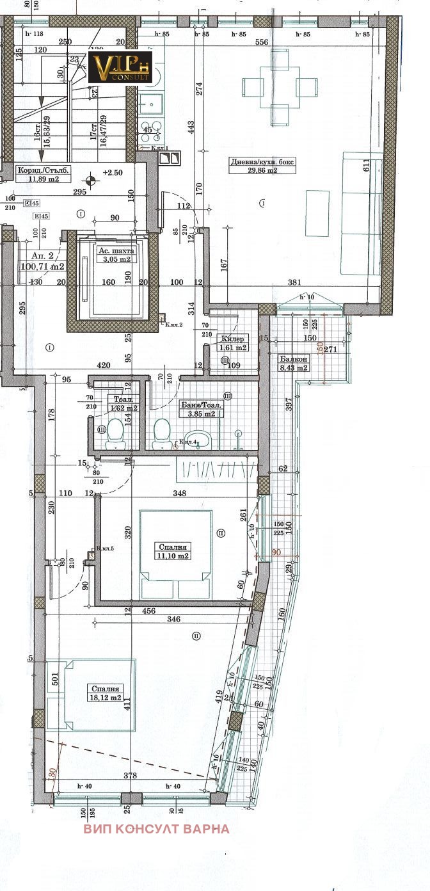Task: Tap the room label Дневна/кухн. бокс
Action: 263,162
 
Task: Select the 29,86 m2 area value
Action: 263,171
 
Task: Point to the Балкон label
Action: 283,360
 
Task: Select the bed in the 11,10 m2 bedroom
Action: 176,554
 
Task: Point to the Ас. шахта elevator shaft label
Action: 115,251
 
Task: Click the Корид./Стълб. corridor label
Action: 40,170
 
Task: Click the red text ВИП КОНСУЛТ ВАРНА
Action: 156,829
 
